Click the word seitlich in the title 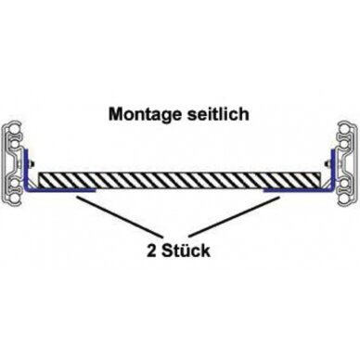pos(218,113)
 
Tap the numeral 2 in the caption pos(151,251)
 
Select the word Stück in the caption pos(186,251)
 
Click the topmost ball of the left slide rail pos(13,128)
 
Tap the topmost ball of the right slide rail pos(346,128)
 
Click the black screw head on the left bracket pos(32,163)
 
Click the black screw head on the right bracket pos(328,163)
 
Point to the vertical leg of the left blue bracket pos(26,169)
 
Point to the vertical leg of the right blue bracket pos(333,169)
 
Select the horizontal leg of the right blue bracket pos(299,190)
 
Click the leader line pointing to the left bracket pos(118,215)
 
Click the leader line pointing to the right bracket pos(234,216)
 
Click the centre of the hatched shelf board pos(179,180)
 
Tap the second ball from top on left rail pos(12,144)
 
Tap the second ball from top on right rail pos(347,144)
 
